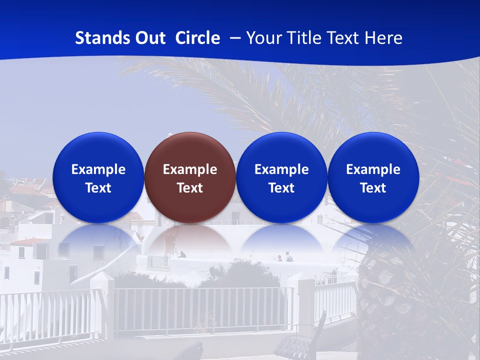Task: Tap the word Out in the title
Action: coord(148,38)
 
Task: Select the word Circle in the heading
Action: coord(197,38)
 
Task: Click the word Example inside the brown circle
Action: coord(190,169)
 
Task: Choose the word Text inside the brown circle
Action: coord(190,188)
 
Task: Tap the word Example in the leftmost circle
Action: coord(98,169)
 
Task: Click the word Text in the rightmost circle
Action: coord(373,188)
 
